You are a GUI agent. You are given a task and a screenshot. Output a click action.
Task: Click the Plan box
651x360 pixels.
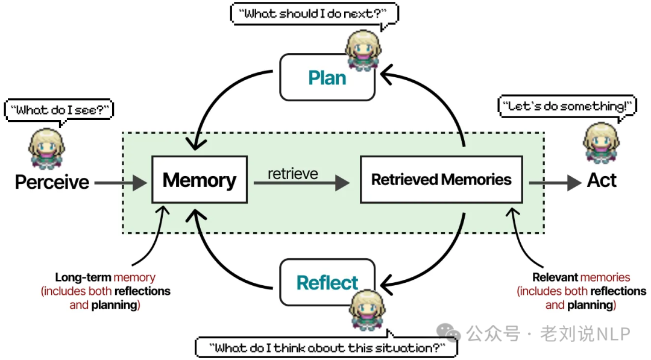coord(327,78)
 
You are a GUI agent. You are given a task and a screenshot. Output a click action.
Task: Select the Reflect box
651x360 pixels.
coord(327,282)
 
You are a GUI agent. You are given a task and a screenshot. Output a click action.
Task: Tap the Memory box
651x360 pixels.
coord(199,180)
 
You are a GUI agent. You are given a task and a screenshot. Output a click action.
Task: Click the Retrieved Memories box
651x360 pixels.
coord(441,180)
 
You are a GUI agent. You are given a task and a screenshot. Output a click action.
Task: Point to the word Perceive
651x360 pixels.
coord(52,182)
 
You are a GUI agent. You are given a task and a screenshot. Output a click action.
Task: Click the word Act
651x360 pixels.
coord(601,181)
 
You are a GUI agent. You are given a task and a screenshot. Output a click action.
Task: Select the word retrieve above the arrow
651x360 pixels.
coord(293,174)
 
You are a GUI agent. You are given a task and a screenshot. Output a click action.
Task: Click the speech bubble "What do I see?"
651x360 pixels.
coord(59,110)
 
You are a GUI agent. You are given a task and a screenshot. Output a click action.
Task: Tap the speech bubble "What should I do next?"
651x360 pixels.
coord(313,14)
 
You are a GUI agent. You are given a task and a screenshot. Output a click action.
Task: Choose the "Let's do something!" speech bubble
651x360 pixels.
coord(567,106)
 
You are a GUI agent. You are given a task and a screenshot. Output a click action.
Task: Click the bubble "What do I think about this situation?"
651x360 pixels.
coord(326,347)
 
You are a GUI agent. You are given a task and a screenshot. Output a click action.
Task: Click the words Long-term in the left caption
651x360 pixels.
coord(83,278)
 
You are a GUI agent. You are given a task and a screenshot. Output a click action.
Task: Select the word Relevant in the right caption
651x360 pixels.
coord(555,278)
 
